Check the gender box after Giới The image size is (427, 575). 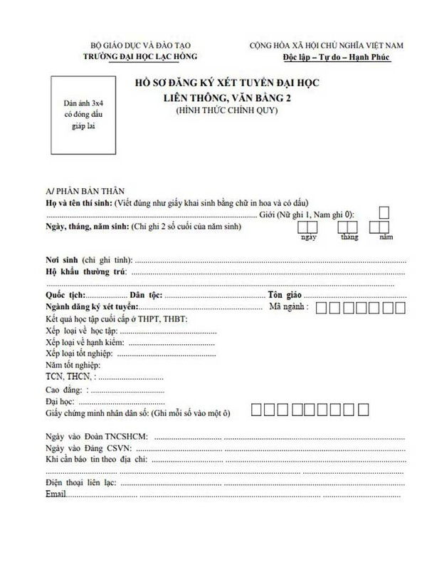pos(384,212)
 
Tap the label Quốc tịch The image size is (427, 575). pos(65,294)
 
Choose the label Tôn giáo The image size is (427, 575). pos(283,294)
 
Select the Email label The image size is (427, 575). pos(58,494)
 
